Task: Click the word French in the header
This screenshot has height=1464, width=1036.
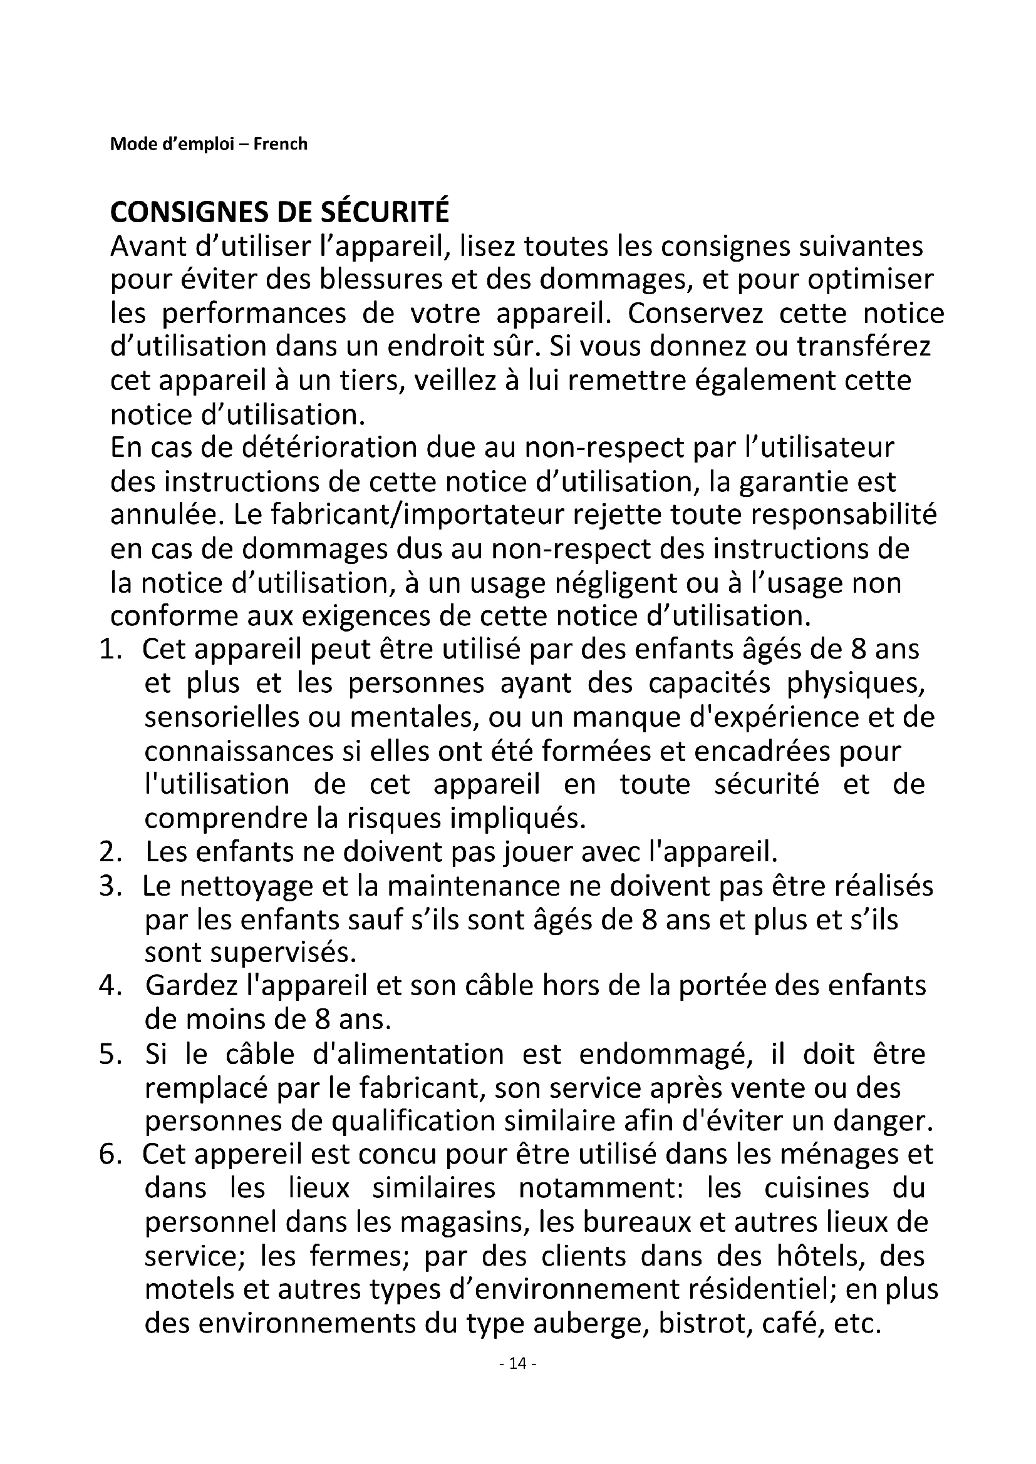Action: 280,144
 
